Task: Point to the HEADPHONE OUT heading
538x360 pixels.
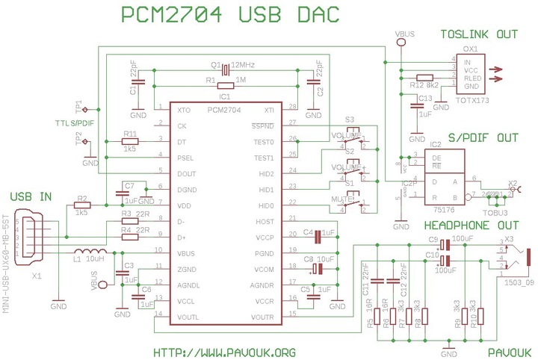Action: point(470,226)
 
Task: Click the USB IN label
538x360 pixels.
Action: point(31,196)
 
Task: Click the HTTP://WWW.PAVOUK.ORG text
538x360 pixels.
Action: point(224,352)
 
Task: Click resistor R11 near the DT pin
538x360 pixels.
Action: point(130,140)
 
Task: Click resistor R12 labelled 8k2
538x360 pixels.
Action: point(425,78)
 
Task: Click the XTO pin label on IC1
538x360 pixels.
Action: point(183,110)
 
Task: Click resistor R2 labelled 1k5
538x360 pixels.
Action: point(82,205)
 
